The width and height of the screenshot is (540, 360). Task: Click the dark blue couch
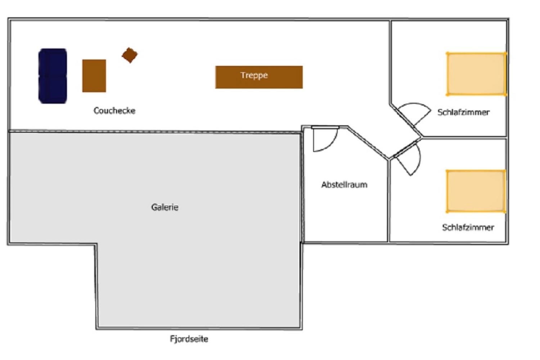(53, 76)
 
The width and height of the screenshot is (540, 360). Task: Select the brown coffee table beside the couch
(94, 76)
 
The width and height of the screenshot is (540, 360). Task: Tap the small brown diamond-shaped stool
(130, 55)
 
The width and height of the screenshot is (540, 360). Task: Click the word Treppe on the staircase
(254, 75)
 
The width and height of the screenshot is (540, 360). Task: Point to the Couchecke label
(114, 111)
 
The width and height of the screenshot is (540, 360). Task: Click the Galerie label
(165, 207)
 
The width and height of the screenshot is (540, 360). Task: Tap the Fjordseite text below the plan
(189, 339)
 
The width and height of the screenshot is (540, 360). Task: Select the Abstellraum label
(344, 185)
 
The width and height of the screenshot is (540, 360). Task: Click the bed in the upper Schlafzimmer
(476, 74)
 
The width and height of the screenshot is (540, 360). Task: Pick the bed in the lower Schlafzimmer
(476, 192)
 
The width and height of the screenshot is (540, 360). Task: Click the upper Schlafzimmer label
(463, 112)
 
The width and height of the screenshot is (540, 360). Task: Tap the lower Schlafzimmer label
(468, 228)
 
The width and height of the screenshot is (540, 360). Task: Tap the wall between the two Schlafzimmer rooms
(464, 138)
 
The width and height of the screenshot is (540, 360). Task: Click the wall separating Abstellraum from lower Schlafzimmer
(388, 201)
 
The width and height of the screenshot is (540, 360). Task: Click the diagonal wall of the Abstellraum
(368, 143)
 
